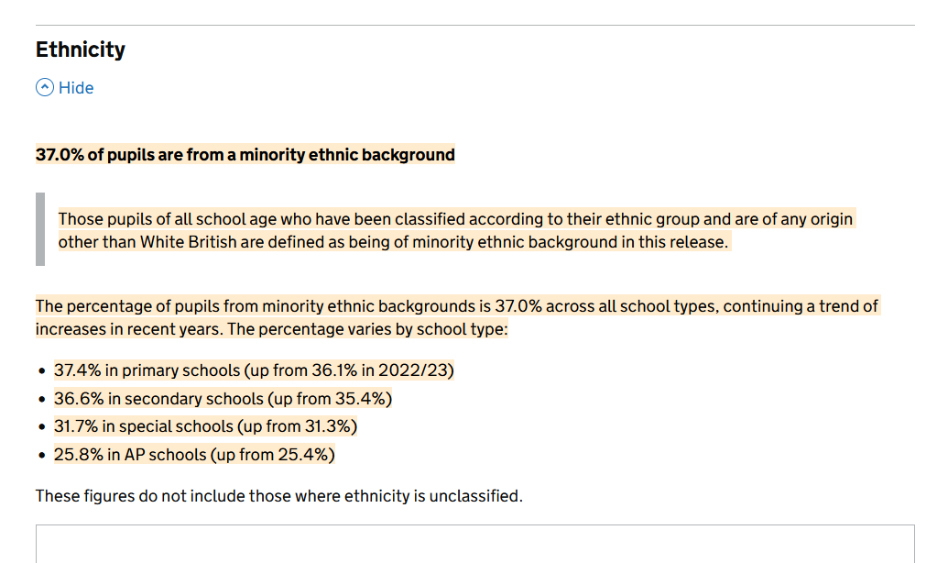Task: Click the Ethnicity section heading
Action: [81, 50]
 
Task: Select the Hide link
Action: [76, 88]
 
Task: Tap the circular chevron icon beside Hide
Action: [45, 88]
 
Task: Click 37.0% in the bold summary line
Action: [60, 155]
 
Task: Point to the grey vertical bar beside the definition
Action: [40, 229]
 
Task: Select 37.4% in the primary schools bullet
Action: [75, 371]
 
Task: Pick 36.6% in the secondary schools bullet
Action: [75, 399]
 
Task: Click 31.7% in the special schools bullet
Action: [73, 426]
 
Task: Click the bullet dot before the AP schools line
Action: [42, 455]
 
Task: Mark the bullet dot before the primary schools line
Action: [42, 372]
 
